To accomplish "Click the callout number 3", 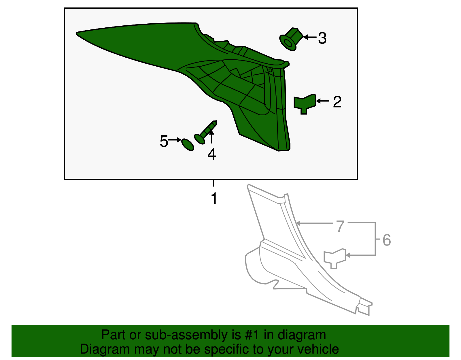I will [x=322, y=38].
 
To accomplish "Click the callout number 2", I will [x=337, y=102].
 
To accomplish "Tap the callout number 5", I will [x=164, y=142].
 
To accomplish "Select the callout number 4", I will [x=211, y=154].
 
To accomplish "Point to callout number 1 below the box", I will [x=214, y=198].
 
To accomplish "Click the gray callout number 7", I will [x=340, y=226].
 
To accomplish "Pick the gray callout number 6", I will [x=387, y=240].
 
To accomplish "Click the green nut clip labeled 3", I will [x=290, y=39].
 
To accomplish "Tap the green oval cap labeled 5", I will [x=188, y=144].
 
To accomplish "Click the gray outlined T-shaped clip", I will [x=334, y=258].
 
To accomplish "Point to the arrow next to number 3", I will [x=309, y=37].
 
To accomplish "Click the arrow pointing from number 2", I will [x=323, y=101].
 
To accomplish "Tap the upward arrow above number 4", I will [x=211, y=137].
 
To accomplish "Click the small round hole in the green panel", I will [x=270, y=70].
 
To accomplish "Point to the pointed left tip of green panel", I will [x=77, y=33].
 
